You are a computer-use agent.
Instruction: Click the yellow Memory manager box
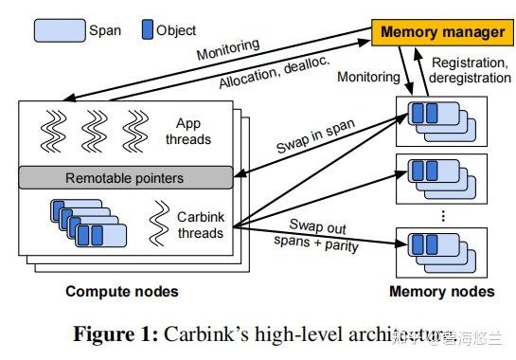tap(442, 32)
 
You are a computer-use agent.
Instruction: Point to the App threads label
tap(193, 132)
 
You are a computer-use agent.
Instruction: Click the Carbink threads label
tap(200, 225)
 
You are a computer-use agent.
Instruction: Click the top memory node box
tap(441, 117)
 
